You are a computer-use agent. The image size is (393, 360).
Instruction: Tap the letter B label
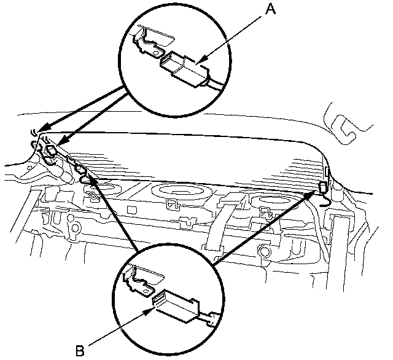(79, 350)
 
